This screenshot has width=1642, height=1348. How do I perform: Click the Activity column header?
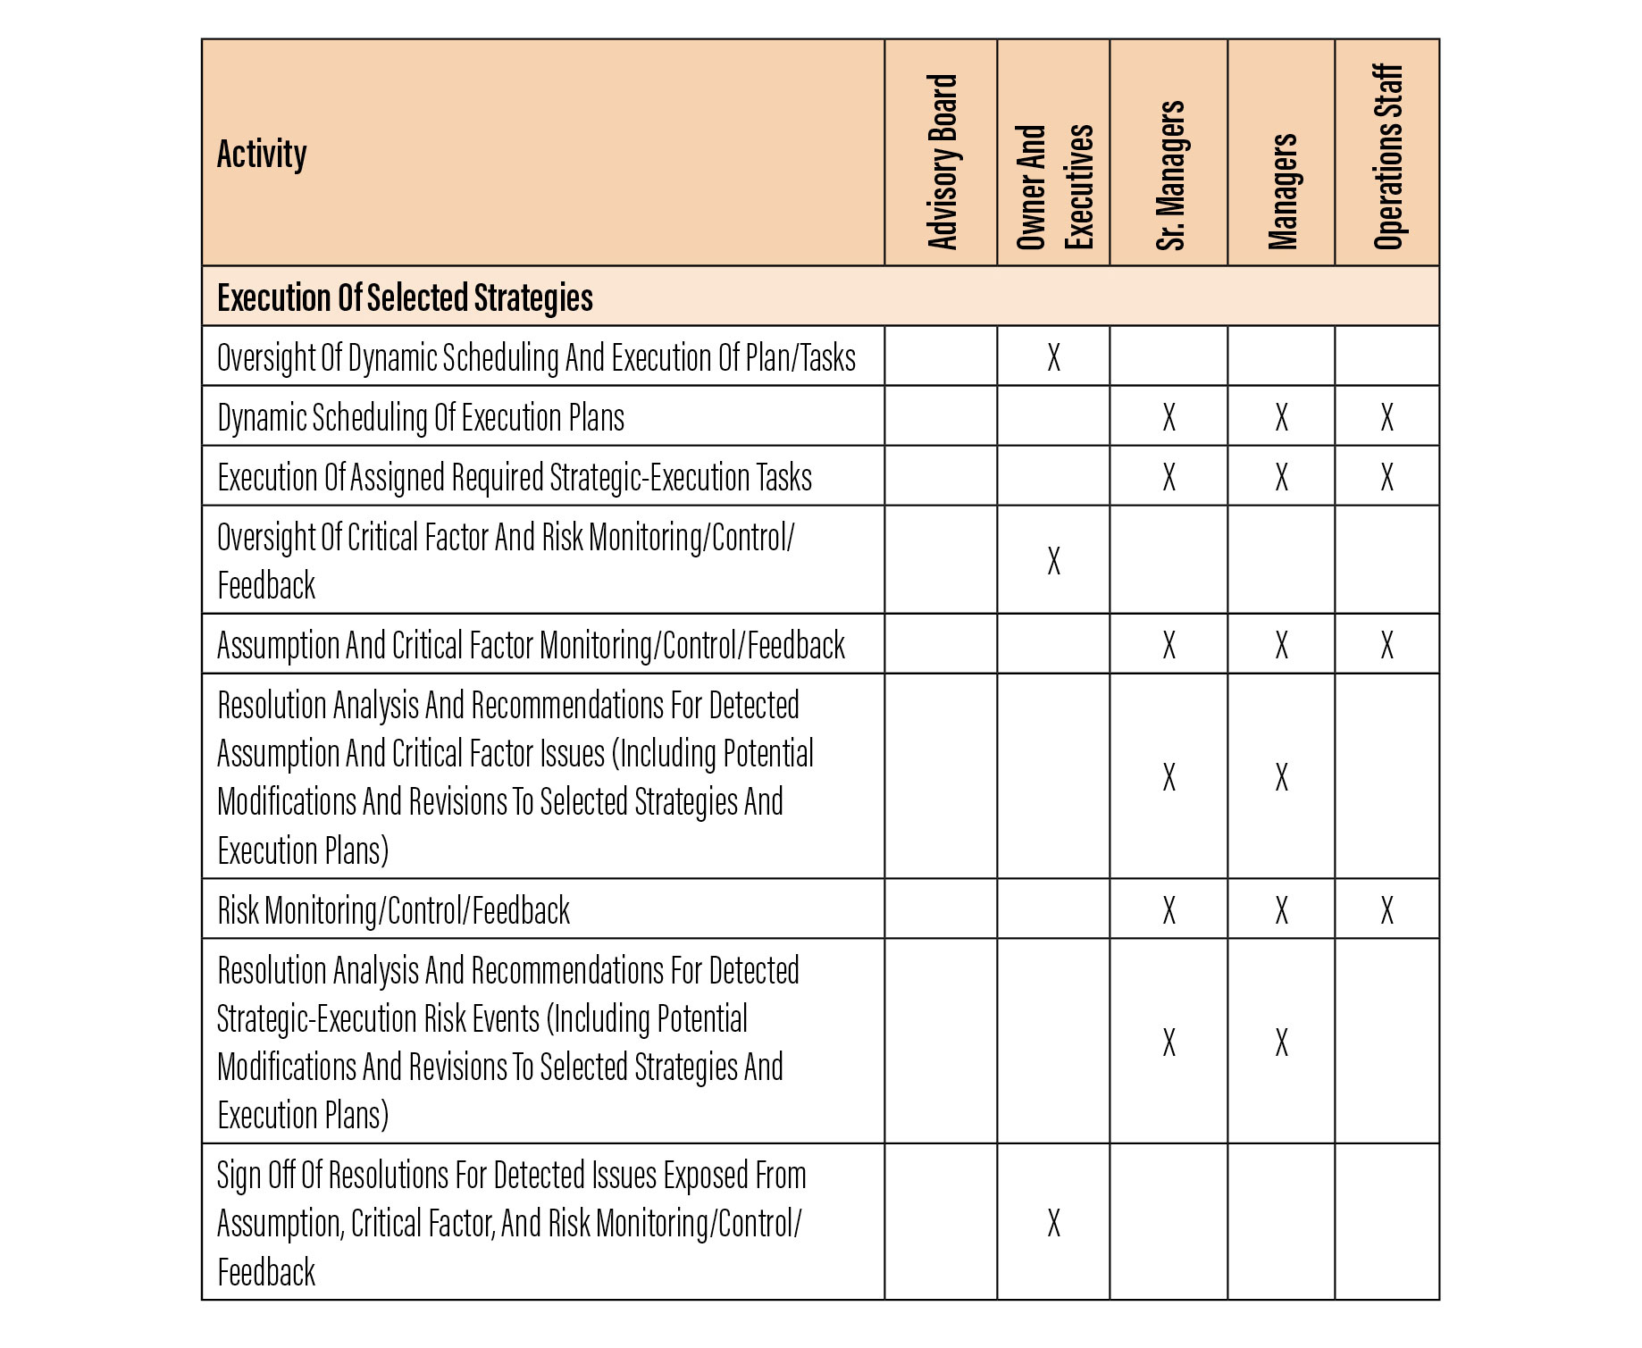[x=262, y=155]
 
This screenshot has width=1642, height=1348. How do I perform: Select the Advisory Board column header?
[x=942, y=161]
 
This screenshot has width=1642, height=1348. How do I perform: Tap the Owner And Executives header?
[x=1054, y=186]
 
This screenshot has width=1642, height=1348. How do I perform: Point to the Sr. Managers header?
[x=1169, y=175]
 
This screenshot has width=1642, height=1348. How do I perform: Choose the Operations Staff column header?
[x=1387, y=157]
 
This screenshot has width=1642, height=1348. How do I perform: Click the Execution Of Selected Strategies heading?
[x=405, y=297]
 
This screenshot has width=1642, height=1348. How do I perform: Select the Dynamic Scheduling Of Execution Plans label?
[x=421, y=417]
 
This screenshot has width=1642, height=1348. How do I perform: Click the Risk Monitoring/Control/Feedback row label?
[x=393, y=910]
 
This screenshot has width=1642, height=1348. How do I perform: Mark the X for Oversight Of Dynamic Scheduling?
[x=1054, y=357]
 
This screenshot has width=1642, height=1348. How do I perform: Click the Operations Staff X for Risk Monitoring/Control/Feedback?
[x=1386, y=910]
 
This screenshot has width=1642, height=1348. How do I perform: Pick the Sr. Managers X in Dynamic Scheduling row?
[x=1169, y=417]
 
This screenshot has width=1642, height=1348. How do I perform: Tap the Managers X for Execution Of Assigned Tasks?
[x=1281, y=477]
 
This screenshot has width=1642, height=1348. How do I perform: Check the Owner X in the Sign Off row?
[x=1054, y=1223]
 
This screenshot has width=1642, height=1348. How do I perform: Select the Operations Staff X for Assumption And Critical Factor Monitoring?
[x=1386, y=644]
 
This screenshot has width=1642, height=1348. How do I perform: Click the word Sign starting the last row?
[x=239, y=1176]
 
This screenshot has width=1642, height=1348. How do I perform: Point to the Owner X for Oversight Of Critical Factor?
[x=1054, y=561]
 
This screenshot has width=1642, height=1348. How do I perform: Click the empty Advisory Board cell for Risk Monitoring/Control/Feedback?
[x=941, y=909]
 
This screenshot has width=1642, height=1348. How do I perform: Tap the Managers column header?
[x=1282, y=191]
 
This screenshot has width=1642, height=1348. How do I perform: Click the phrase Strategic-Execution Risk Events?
[x=379, y=1018]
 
